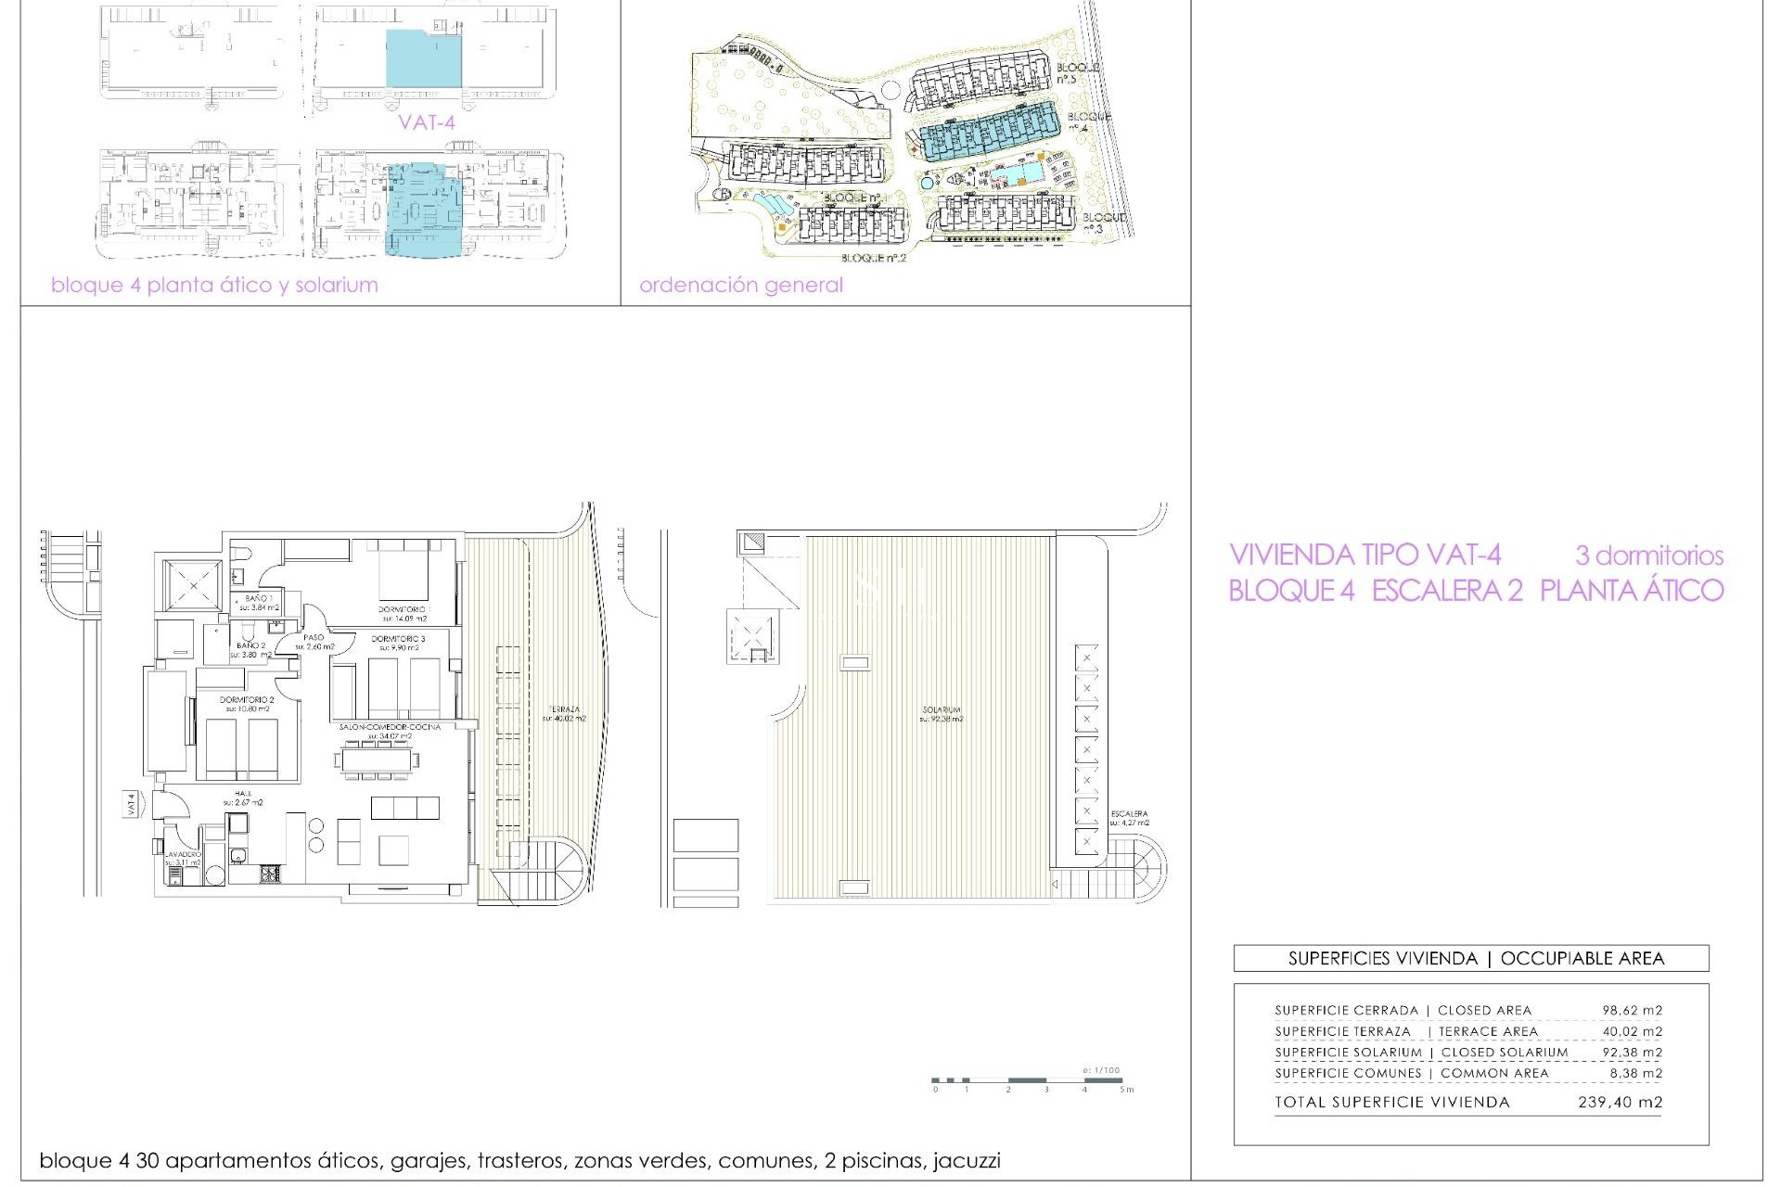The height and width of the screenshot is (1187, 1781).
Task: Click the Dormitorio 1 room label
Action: pyautogui.click(x=403, y=609)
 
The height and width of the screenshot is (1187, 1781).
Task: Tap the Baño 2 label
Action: pyautogui.click(x=250, y=645)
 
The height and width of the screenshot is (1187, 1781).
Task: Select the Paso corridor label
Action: pyautogui.click(x=314, y=638)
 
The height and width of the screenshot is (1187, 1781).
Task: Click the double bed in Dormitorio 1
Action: pyautogui.click(x=404, y=575)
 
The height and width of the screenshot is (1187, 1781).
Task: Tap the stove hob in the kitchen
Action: pyautogui.click(x=271, y=873)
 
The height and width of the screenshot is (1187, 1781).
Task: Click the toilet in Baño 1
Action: pyautogui.click(x=240, y=555)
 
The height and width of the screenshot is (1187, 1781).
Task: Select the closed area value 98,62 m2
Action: pyautogui.click(x=1632, y=1011)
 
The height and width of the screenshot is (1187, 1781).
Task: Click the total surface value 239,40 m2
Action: pyautogui.click(x=1620, y=1103)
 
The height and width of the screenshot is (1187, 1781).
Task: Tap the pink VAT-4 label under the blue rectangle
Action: pyautogui.click(x=427, y=121)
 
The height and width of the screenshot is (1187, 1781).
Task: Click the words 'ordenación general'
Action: pyautogui.click(x=740, y=286)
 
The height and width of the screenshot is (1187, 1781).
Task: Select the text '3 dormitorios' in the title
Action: pyautogui.click(x=1648, y=556)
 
